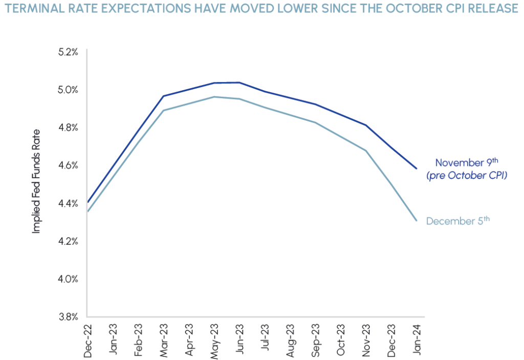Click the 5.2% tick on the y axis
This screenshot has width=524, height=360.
pyautogui.click(x=68, y=52)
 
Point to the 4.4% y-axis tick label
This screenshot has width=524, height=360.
pyautogui.click(x=68, y=203)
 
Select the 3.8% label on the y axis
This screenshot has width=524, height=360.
pyautogui.click(x=68, y=316)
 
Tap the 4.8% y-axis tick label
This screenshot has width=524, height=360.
pyautogui.click(x=68, y=127)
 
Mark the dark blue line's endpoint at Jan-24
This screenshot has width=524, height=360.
pyautogui.click(x=417, y=168)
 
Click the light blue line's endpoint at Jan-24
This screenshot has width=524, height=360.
pyautogui.click(x=417, y=221)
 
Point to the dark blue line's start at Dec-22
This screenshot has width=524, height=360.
pyautogui.click(x=88, y=202)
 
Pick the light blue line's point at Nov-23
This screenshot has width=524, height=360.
pyautogui.click(x=366, y=151)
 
